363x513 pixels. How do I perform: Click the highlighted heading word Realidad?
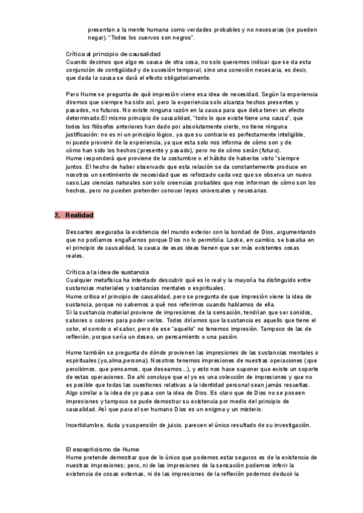point(79,215)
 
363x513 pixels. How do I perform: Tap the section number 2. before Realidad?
point(57,215)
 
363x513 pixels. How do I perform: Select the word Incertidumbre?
point(89,425)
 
